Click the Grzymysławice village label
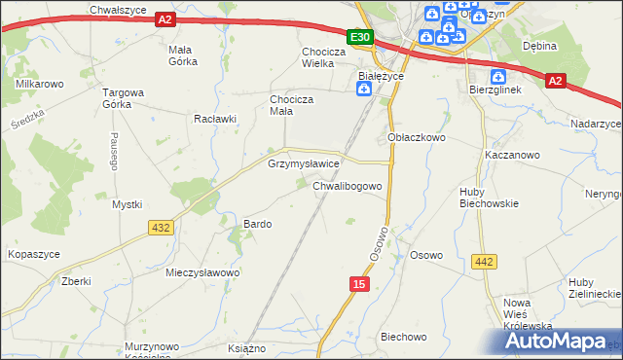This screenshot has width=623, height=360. tap(303, 164)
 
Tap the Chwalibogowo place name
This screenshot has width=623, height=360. tap(352, 186)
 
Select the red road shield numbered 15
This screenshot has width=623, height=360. tap(359, 282)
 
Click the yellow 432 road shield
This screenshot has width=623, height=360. tap(161, 227)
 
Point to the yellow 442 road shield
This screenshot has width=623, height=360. tap(484, 261)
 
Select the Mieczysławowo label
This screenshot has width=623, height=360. tap(202, 272)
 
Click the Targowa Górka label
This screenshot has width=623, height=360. tap(124, 99)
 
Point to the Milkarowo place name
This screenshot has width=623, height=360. tap(40, 85)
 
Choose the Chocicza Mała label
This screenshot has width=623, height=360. tap(290, 105)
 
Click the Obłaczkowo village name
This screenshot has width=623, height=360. tap(417, 138)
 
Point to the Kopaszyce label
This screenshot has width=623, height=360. tap(34, 253)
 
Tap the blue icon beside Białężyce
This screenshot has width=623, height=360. tap(364, 90)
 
